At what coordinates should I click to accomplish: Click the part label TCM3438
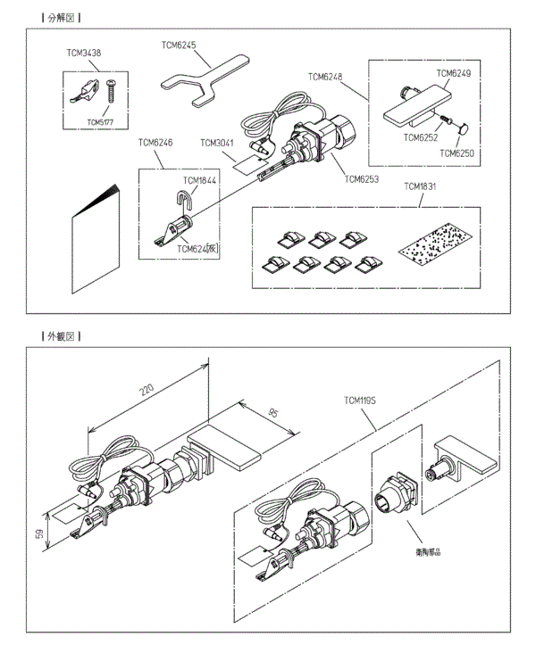pyautogui.click(x=83, y=54)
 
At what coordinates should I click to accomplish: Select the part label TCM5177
pyautogui.click(x=100, y=120)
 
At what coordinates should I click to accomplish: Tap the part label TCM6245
pyautogui.click(x=178, y=43)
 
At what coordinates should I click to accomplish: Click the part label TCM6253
pyautogui.click(x=361, y=178)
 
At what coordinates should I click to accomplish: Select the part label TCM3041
pyautogui.click(x=218, y=143)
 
